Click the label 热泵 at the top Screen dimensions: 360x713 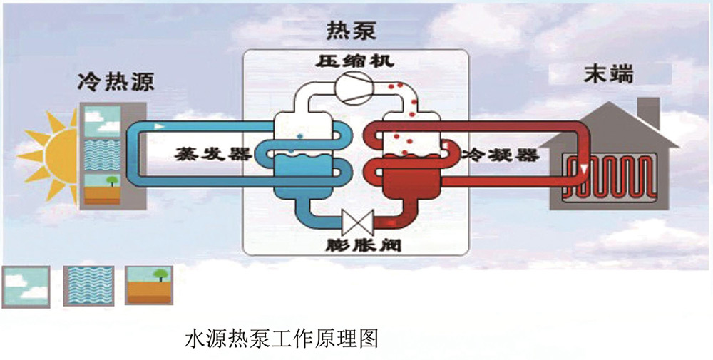(x=351, y=31)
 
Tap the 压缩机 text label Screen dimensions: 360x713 (x=354, y=61)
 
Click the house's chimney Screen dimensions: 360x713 (x=648, y=113)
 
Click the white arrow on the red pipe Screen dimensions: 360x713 (x=584, y=168)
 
